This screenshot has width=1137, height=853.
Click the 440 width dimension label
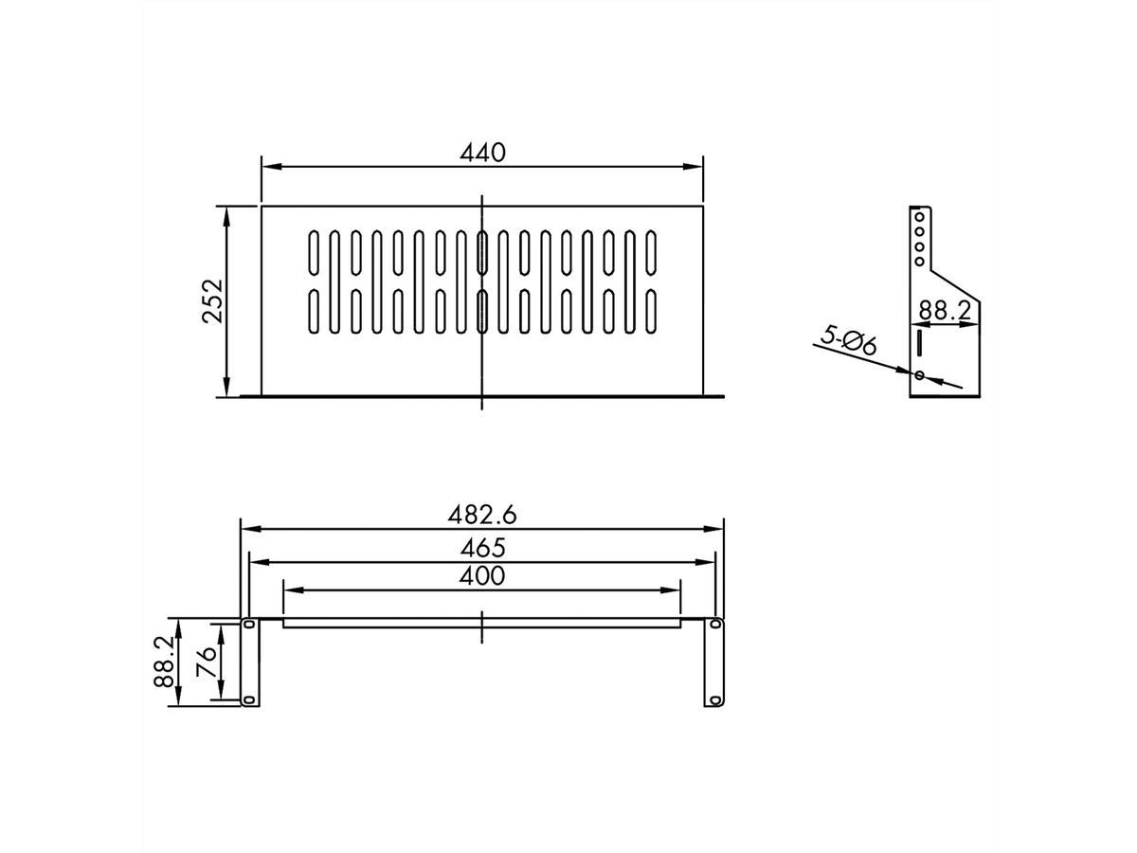(x=483, y=152)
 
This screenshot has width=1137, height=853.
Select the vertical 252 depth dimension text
(x=212, y=300)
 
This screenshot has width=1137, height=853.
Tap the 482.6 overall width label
(x=481, y=515)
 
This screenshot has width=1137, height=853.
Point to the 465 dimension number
(x=482, y=547)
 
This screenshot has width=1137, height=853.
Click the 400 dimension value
(x=482, y=575)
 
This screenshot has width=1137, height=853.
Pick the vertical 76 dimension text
(x=206, y=662)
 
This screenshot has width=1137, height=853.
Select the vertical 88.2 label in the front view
(x=165, y=662)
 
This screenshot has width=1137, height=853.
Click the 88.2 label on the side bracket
(x=945, y=310)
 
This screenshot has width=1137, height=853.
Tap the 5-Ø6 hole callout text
(x=847, y=340)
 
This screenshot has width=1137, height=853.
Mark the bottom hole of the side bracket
(x=918, y=375)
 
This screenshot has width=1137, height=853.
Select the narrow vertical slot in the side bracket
(x=917, y=340)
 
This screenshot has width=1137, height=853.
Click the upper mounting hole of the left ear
(x=249, y=626)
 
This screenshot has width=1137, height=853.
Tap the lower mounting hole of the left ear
(x=249, y=699)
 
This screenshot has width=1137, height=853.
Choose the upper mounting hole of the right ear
(x=716, y=626)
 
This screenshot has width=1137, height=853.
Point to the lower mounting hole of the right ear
(x=716, y=699)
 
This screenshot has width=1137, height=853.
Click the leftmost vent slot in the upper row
(x=313, y=252)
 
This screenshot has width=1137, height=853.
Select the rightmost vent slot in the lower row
(x=651, y=312)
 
